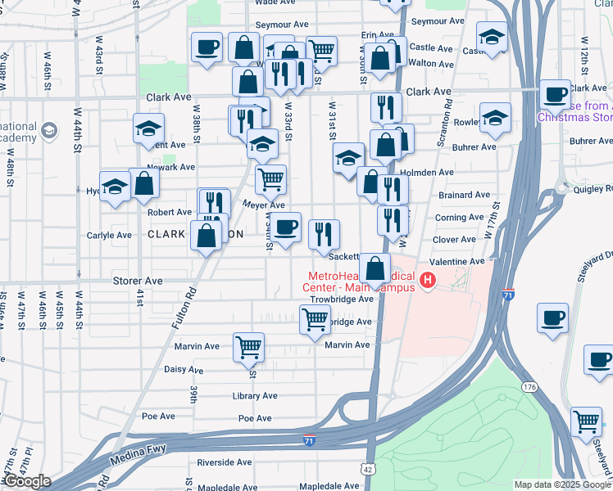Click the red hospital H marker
click(427, 282)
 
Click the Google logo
click(26, 481)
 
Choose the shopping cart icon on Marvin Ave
click(247, 346)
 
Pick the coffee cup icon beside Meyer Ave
click(286, 227)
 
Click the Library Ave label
click(254, 396)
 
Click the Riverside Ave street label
click(224, 462)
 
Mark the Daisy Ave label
click(184, 370)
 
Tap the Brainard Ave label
click(464, 196)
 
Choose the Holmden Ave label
click(431, 173)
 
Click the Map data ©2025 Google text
click(561, 484)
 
